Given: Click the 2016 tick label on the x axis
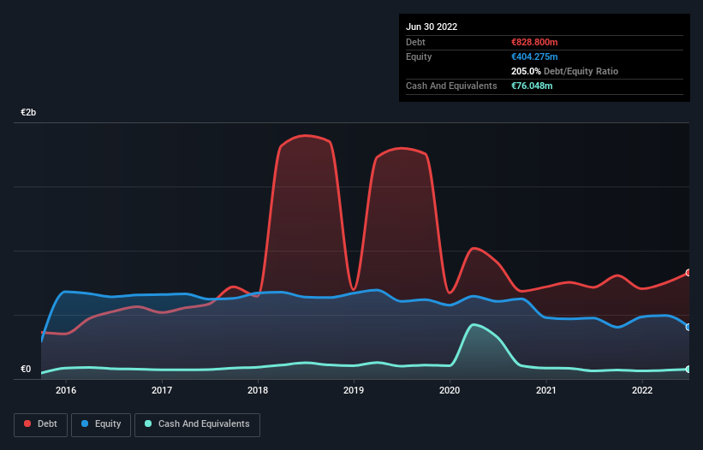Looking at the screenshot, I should (x=66, y=391).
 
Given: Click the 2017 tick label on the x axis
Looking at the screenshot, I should (x=162, y=391).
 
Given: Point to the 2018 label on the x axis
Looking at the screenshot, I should (x=258, y=391).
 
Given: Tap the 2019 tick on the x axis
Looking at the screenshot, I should (x=354, y=391).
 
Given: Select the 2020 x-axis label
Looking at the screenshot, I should (x=450, y=391).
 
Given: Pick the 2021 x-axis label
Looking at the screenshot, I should (x=546, y=391).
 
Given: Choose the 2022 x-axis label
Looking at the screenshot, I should (x=642, y=391).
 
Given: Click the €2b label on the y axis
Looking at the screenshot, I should (x=28, y=113).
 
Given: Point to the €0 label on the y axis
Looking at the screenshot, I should (x=26, y=370).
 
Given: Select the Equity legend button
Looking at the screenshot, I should (x=101, y=424).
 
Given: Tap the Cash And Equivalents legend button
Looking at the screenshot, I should (x=197, y=424).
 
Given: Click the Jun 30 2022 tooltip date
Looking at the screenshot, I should (x=432, y=27).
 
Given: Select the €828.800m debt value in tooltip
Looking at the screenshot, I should (x=533, y=42).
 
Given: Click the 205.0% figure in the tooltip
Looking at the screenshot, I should (x=525, y=72).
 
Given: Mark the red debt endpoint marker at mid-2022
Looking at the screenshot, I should (x=688, y=273).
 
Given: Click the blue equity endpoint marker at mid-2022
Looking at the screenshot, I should (x=688, y=327).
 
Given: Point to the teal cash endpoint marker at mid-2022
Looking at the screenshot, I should (x=688, y=369).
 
